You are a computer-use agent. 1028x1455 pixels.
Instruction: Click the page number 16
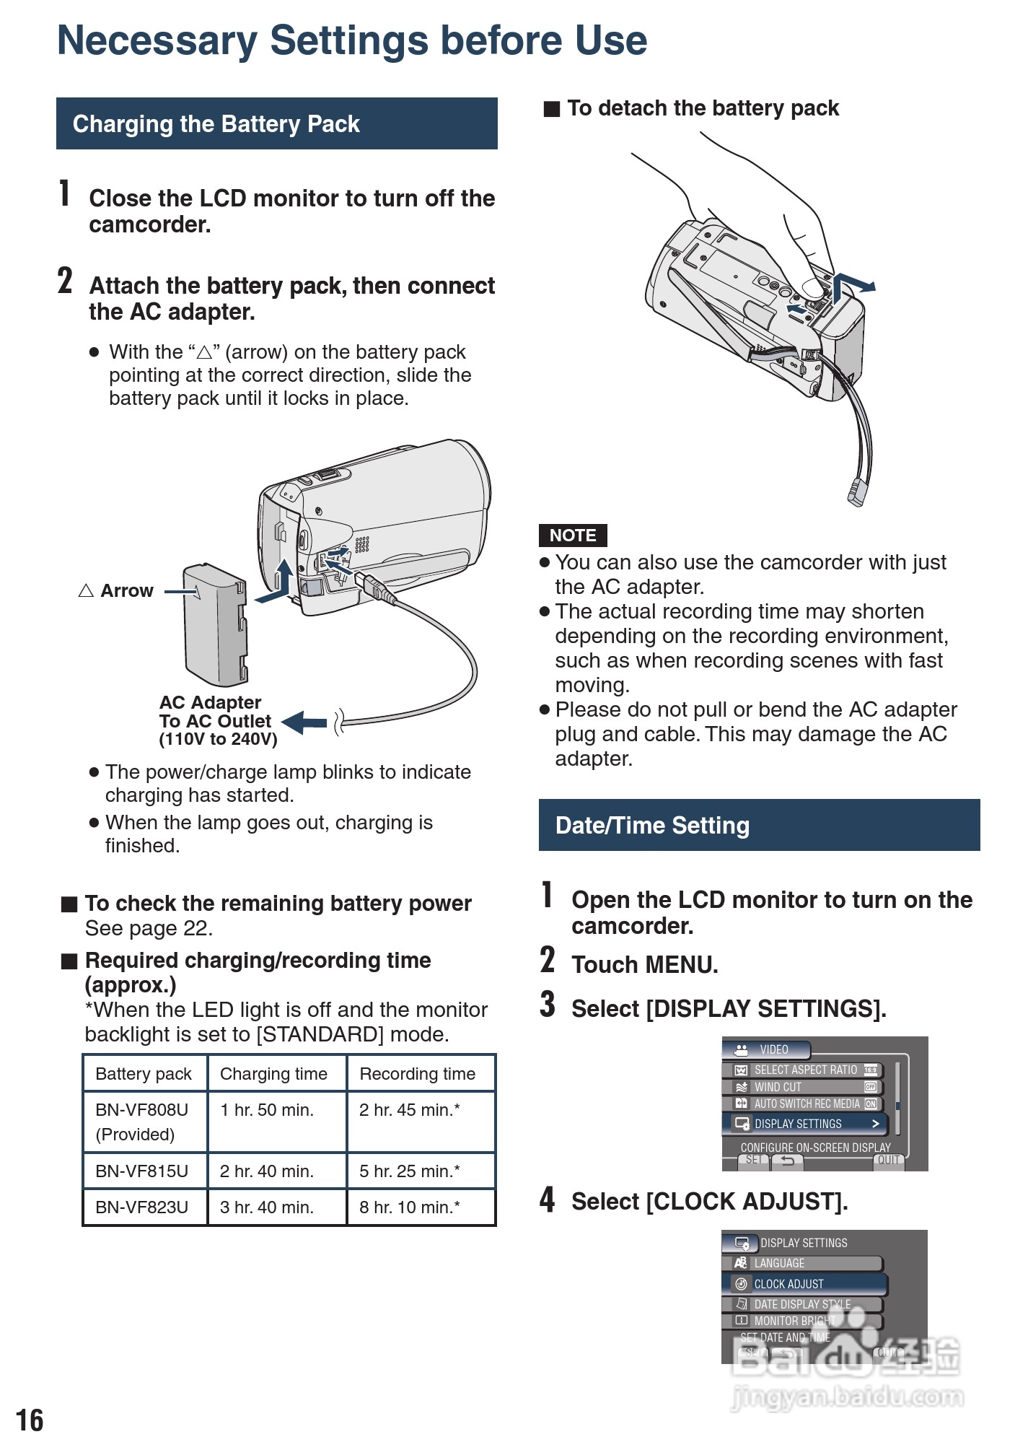[30, 1420]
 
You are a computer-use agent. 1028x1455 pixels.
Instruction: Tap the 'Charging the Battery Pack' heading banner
[276, 123]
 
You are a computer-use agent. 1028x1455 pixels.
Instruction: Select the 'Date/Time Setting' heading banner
[759, 825]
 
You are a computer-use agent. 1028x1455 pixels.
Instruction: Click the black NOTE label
[573, 536]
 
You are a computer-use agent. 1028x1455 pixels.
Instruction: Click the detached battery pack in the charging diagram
[215, 625]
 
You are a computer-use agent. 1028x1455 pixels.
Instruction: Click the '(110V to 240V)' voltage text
[218, 739]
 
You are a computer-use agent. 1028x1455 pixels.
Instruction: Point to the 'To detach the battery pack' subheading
[702, 108]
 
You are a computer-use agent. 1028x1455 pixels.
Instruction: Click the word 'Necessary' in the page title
[157, 40]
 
